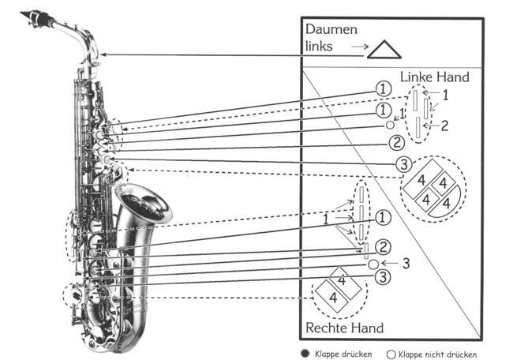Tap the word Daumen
[331, 29]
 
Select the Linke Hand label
[434, 77]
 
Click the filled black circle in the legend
[305, 354]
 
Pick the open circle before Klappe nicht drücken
[390, 354]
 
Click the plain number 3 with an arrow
[406, 263]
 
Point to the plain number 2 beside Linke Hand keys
[445, 125]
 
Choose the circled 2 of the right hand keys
[383, 247]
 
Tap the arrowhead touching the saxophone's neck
[103, 54]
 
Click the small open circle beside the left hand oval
[390, 124]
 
